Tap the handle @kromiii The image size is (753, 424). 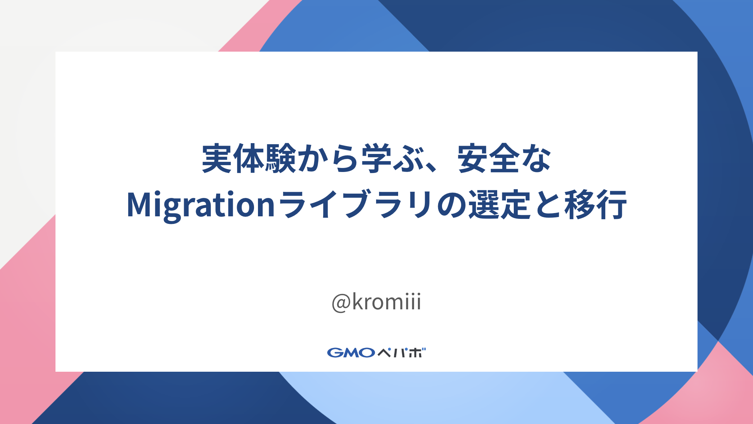[x=376, y=302]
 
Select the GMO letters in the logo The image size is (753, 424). [x=351, y=352]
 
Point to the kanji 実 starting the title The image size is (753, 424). [x=217, y=159]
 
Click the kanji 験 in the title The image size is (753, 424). [x=281, y=159]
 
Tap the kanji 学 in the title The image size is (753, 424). [x=376, y=159]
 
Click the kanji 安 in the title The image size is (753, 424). [x=473, y=159]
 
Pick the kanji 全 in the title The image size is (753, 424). [x=504, y=159]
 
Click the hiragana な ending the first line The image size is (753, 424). [x=536, y=159]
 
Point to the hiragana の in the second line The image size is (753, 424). [x=452, y=205]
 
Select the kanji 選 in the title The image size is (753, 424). [x=484, y=204]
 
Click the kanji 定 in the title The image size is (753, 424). [x=516, y=204]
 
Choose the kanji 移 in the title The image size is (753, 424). [x=580, y=204]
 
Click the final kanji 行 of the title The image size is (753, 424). [x=611, y=204]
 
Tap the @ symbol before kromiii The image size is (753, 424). [x=341, y=302]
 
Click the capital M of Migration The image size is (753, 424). [x=139, y=204]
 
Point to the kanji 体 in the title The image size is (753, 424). [x=249, y=159]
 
